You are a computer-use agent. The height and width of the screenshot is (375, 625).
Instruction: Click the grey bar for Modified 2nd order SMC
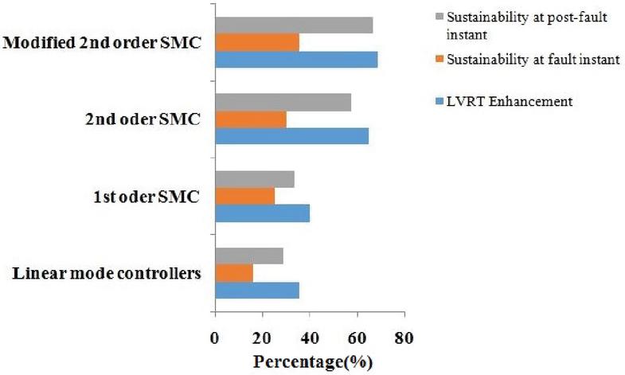294,25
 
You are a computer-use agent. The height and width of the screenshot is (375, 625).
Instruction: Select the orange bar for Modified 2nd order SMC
257,42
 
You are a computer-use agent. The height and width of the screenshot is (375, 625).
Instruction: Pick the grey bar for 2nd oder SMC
283,102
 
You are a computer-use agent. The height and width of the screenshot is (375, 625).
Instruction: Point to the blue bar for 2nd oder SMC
291,136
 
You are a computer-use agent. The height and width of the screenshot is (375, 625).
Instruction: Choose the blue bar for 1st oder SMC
262,213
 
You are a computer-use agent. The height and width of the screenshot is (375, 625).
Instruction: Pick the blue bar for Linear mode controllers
257,290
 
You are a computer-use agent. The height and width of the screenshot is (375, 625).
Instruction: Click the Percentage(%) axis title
313,361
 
